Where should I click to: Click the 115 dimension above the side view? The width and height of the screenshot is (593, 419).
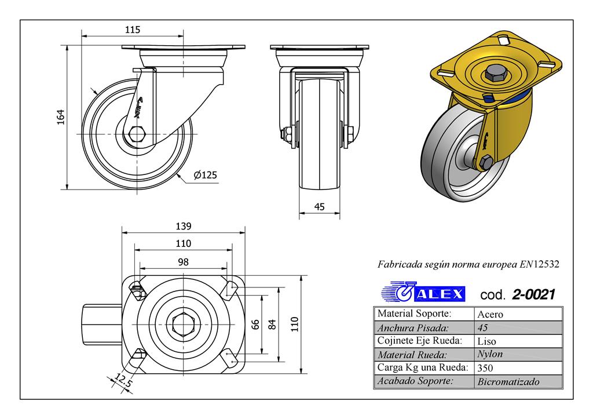[x=133, y=29]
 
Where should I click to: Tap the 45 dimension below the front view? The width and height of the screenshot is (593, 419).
[x=319, y=207]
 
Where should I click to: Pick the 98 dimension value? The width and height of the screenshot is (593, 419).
[x=183, y=262]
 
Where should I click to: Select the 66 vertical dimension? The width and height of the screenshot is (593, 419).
[x=255, y=325]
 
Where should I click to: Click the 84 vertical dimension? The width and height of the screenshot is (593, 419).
[x=272, y=325]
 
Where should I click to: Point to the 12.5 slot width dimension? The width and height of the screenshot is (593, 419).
[x=123, y=381]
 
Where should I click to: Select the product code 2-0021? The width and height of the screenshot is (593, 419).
[x=533, y=294]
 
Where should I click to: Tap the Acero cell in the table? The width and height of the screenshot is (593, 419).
[x=489, y=314]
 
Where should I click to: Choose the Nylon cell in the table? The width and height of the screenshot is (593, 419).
[x=490, y=354]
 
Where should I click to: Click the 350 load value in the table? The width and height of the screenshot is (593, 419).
[x=485, y=367]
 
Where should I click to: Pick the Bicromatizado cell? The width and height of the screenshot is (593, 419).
[x=508, y=381]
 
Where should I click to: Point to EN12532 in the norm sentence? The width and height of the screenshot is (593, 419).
[x=539, y=264]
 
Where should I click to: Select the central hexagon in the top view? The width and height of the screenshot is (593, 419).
[x=181, y=324]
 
